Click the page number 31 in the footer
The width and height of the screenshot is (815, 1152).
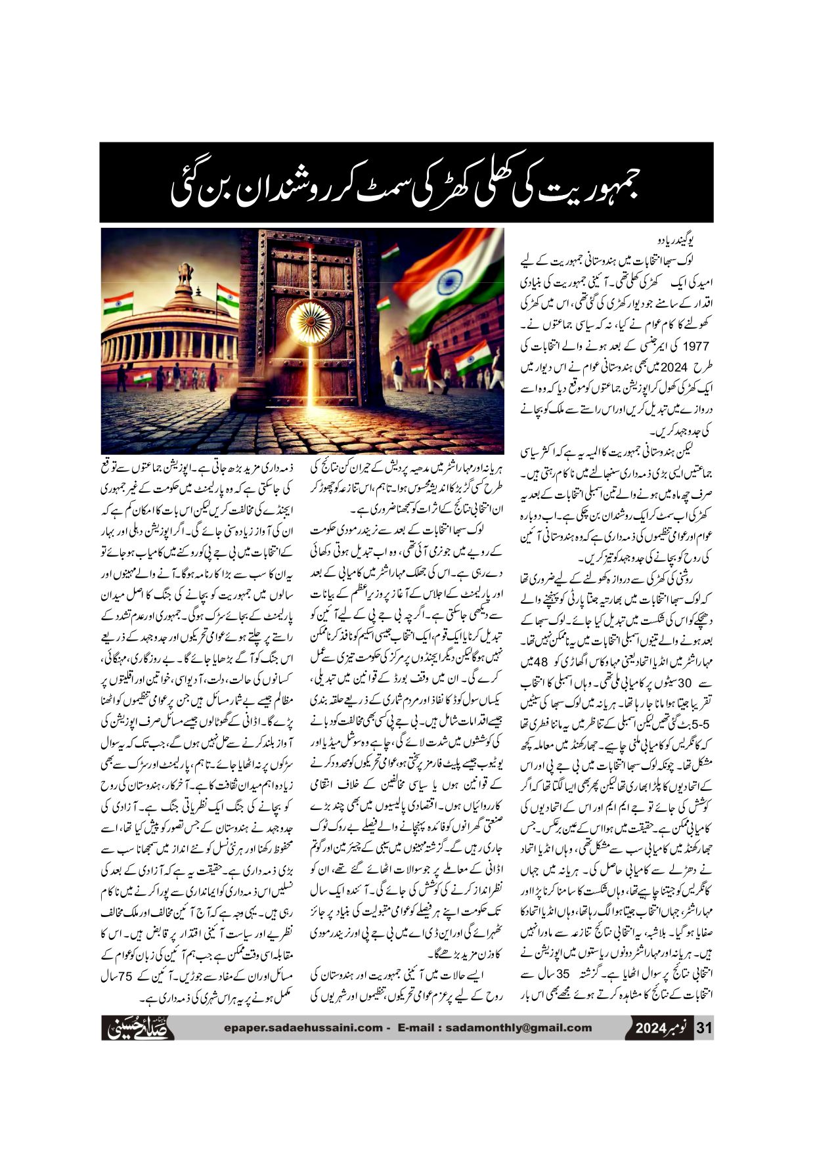704,1028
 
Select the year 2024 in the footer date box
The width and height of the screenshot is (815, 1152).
651,1029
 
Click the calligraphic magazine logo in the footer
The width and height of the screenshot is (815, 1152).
139,1027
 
